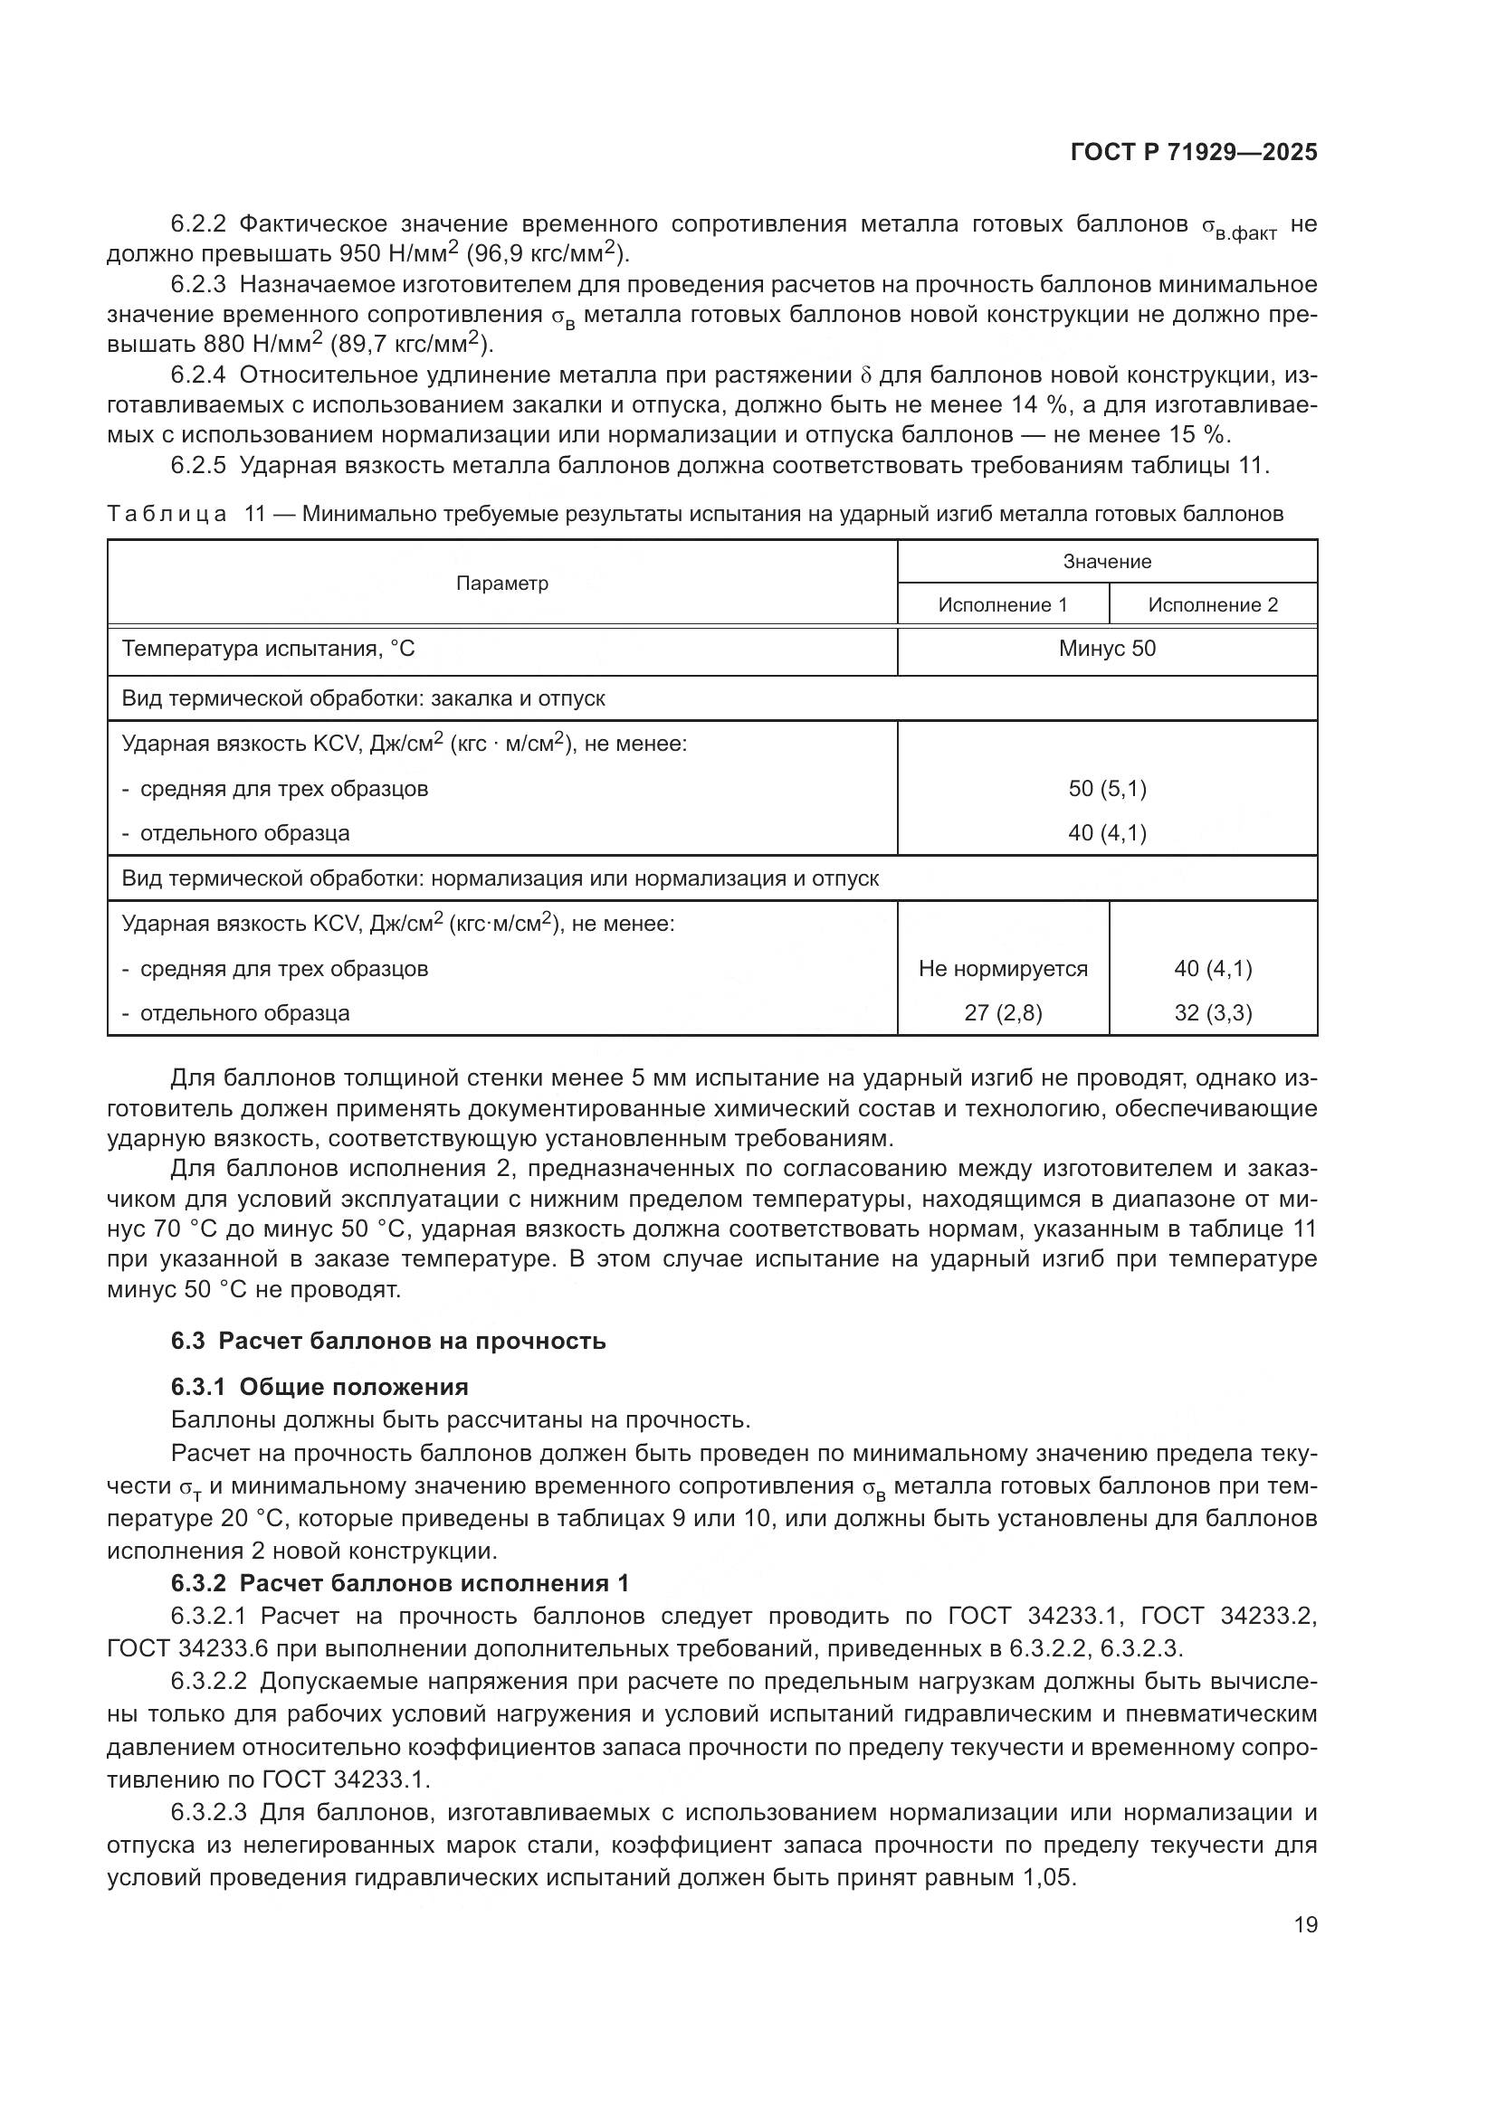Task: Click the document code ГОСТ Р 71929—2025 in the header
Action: pyautogui.click(x=1194, y=153)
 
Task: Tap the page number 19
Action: pyautogui.click(x=1305, y=1924)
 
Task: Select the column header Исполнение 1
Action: pyautogui.click(x=1002, y=604)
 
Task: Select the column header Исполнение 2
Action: pyautogui.click(x=1212, y=604)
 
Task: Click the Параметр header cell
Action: pyautogui.click(x=502, y=584)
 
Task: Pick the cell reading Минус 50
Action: pyautogui.click(x=1106, y=649)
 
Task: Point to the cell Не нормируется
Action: pyautogui.click(x=1002, y=969)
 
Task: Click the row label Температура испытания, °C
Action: pyautogui.click(x=268, y=649)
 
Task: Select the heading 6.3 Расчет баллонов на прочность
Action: pyautogui.click(x=388, y=1340)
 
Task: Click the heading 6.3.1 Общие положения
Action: pyautogui.click(x=319, y=1386)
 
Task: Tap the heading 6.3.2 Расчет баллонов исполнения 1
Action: pyautogui.click(x=400, y=1583)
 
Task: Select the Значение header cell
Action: pyautogui.click(x=1106, y=561)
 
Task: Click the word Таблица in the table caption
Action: pyautogui.click(x=167, y=513)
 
